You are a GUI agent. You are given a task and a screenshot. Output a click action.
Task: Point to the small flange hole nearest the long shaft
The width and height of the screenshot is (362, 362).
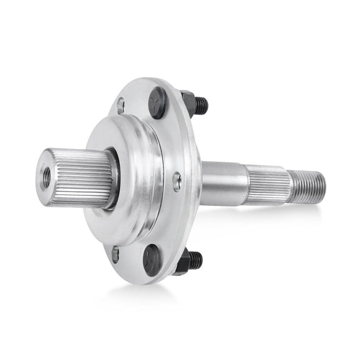click(177, 180)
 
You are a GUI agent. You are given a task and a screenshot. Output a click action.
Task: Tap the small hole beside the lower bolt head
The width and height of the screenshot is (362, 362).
click(115, 253)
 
